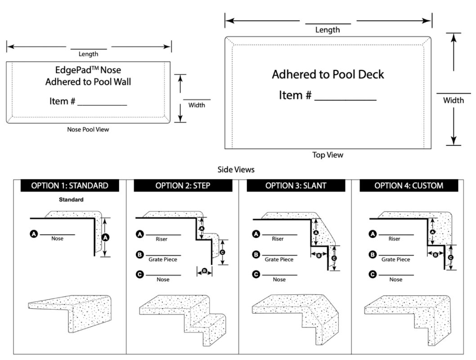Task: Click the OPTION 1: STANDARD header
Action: (69, 185)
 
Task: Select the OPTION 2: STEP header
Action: (183, 185)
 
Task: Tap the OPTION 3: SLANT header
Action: (296, 185)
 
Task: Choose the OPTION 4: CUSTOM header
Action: (409, 185)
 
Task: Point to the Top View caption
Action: (328, 155)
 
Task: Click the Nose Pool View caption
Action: (88, 130)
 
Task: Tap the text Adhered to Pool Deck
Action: (328, 75)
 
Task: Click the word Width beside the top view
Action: (454, 100)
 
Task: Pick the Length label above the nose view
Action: (88, 54)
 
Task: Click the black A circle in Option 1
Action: (33, 234)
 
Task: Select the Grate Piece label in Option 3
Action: (279, 259)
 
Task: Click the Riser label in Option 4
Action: (395, 239)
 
